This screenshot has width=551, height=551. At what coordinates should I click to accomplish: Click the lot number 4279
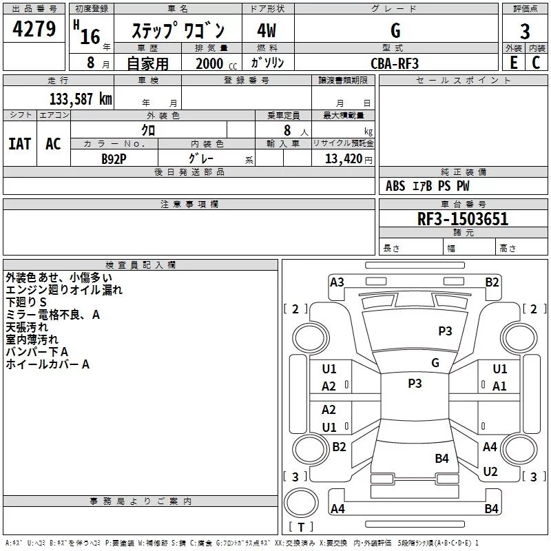[34, 29]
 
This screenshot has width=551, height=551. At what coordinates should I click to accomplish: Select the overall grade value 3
[525, 32]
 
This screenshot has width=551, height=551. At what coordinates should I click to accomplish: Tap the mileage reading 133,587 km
[81, 99]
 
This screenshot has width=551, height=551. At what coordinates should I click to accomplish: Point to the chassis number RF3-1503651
[463, 219]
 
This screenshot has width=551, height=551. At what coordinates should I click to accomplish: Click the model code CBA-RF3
[395, 63]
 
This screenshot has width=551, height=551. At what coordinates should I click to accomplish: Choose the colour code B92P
[114, 159]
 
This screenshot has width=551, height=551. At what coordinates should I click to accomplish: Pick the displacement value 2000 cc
[216, 63]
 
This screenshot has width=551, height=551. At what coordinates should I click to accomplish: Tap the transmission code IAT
[20, 144]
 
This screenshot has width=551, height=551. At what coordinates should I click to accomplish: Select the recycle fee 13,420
[343, 159]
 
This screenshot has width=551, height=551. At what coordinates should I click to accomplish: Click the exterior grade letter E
[514, 63]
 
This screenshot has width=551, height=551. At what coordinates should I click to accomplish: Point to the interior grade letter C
[536, 63]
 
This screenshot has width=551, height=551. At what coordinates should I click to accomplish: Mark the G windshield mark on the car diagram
[435, 363]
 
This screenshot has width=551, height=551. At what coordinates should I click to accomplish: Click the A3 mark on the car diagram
[337, 282]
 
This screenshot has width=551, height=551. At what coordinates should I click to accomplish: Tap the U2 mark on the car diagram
[490, 472]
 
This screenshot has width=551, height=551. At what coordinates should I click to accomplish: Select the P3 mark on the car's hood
[445, 331]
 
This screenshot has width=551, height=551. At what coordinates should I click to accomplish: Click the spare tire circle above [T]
[301, 503]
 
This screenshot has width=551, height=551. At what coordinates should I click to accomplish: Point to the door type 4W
[267, 30]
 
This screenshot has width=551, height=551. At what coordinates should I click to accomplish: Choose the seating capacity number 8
[287, 130]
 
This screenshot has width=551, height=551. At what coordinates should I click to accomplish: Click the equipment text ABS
[395, 186]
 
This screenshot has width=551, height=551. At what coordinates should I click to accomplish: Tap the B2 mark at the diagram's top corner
[492, 282]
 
